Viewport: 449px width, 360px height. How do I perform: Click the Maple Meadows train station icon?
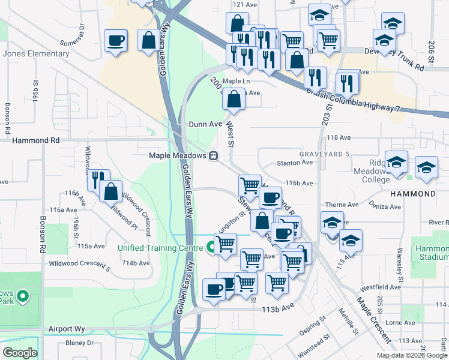pos(213,156)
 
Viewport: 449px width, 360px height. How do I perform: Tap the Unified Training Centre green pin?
pos(211,246)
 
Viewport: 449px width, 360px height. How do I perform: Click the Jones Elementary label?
pos(36,54)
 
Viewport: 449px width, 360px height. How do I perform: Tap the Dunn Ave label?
pos(205,124)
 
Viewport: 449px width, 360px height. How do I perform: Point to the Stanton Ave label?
pos(295,163)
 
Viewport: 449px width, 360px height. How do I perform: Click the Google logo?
pos(20,353)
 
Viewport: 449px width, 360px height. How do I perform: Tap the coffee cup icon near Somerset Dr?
pos(115,40)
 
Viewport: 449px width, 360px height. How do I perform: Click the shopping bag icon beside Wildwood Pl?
pos(111,191)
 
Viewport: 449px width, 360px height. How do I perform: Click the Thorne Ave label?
pos(342,205)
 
